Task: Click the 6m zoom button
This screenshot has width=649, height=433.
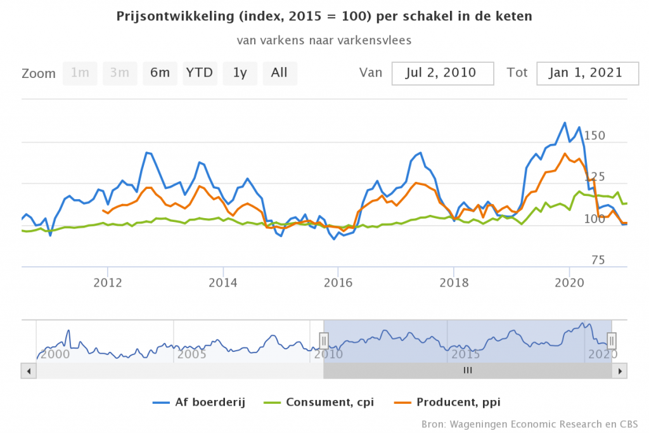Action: [x=160, y=73]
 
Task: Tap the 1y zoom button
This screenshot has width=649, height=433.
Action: [x=240, y=73]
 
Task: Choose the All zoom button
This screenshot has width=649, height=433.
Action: [x=280, y=73]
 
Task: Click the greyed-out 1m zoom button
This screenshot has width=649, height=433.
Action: [x=80, y=73]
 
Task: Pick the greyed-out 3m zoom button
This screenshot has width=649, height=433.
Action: [x=120, y=73]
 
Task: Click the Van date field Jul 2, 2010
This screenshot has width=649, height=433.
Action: [x=442, y=73]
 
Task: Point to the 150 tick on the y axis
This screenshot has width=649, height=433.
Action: [x=594, y=136]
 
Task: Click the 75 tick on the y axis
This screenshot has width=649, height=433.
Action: [x=598, y=260]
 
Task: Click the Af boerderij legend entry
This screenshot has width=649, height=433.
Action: [x=200, y=402]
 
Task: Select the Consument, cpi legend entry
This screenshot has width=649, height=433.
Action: [x=328, y=402]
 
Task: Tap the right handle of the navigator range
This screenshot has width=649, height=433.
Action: [x=612, y=340]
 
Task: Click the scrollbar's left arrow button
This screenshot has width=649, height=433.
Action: [x=27, y=370]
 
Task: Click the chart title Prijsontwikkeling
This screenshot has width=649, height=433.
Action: [x=324, y=16]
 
